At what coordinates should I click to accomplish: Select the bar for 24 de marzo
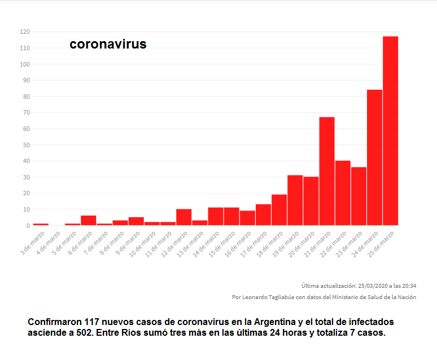[374, 157]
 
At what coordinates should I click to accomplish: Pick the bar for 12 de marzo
[183, 217]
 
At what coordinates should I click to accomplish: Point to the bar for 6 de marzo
[88, 221]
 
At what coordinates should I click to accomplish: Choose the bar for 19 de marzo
[295, 200]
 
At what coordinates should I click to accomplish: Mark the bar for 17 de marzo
[263, 215]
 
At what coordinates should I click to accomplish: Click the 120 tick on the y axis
[24, 32]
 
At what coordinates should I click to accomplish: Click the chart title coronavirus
[108, 44]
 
